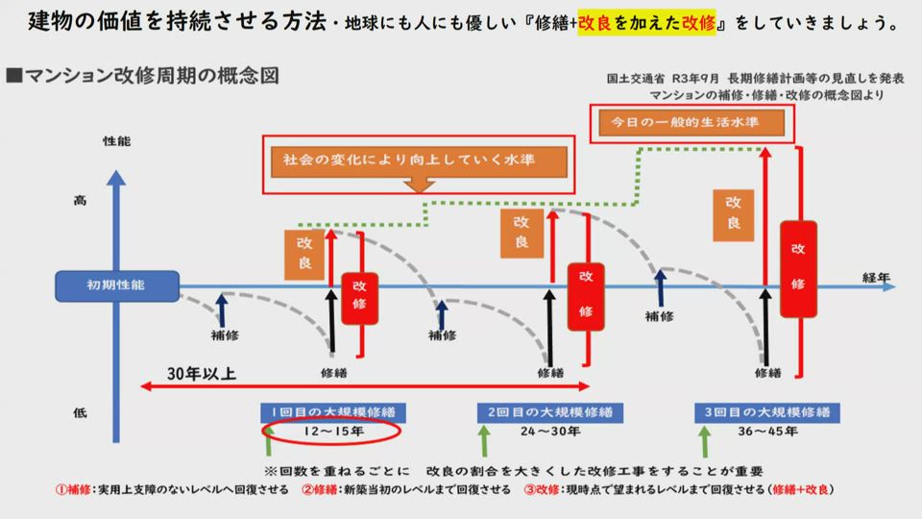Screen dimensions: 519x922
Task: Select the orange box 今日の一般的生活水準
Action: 691,122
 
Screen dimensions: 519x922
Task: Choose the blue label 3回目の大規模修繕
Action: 766,412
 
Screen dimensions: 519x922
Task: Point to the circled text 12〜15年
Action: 331,432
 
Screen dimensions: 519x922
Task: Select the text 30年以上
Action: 201,373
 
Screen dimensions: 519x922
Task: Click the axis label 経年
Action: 875,278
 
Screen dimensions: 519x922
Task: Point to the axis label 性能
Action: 116,141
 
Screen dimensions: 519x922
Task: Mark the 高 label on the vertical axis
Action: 81,201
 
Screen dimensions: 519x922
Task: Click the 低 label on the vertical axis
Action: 81,412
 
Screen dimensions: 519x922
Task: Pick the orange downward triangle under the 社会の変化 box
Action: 419,186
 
